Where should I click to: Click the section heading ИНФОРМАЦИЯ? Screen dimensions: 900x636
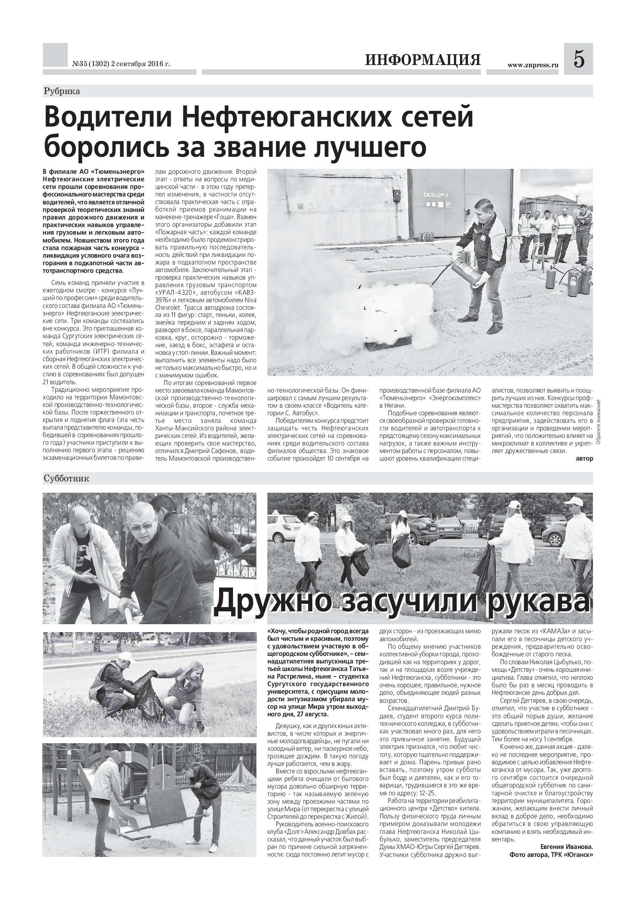[423, 60]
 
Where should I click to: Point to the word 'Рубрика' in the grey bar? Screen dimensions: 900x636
[62, 91]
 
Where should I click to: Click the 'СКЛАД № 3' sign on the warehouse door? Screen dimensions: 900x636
[435, 195]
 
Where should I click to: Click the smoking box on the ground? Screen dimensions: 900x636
[388, 346]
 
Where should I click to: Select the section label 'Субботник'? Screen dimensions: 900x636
[66, 479]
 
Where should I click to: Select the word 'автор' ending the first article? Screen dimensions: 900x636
[585, 458]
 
